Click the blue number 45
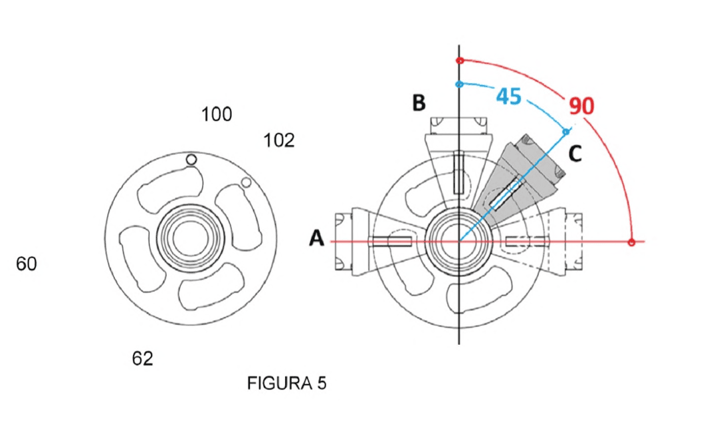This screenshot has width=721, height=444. click(509, 97)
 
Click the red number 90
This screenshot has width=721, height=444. click(581, 105)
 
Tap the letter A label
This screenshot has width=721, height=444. click(316, 238)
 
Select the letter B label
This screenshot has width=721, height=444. click(419, 103)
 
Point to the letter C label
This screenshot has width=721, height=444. click(575, 153)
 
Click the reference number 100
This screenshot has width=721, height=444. click(217, 114)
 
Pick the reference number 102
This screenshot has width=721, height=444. click(278, 140)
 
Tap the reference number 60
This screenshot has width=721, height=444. click(26, 264)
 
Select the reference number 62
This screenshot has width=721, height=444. click(143, 358)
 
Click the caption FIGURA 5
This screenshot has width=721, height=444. click(286, 383)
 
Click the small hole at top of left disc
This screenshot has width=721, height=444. click(191, 160)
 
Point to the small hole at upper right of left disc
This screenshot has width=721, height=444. click(247, 182)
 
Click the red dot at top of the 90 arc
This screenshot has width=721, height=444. click(459, 61)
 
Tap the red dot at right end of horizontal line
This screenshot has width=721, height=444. click(631, 242)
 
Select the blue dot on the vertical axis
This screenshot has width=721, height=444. click(459, 85)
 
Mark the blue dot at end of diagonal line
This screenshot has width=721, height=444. click(566, 132)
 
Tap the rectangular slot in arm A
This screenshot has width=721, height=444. click(390, 242)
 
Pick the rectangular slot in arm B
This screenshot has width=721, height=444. click(459, 172)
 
